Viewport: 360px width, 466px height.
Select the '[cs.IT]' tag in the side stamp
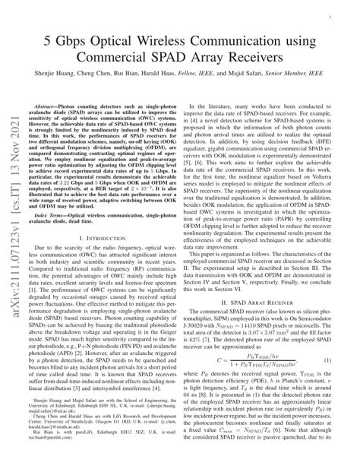13,154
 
